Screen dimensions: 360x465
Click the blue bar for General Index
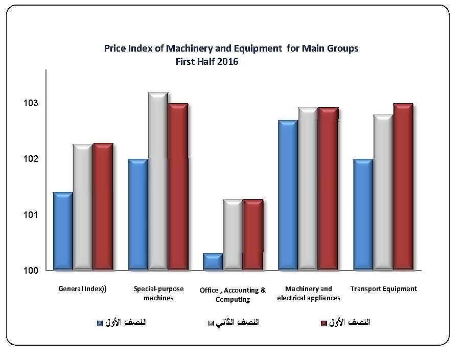pyautogui.click(x=62, y=231)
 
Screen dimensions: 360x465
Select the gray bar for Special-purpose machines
pyautogui.click(x=158, y=181)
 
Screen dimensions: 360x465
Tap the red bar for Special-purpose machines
pyautogui.click(x=178, y=186)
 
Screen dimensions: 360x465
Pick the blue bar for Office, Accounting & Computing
pyautogui.click(x=213, y=261)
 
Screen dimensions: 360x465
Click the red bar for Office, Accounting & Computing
pyautogui.click(x=252, y=234)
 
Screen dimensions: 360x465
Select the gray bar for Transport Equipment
pyautogui.click(x=383, y=192)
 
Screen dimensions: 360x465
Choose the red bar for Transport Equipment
pyautogui.click(x=403, y=186)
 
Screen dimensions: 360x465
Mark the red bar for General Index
pyautogui.click(x=103, y=206)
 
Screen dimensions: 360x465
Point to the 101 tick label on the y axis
pyautogui.click(x=31, y=215)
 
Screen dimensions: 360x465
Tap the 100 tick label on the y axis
pyautogui.click(x=31, y=271)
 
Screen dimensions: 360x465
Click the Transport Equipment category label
pyautogui.click(x=384, y=289)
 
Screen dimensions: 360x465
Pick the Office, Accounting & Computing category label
pyautogui.click(x=233, y=295)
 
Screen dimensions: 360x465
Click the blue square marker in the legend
pyautogui.click(x=100, y=323)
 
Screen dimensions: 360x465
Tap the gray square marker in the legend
pyautogui.click(x=211, y=323)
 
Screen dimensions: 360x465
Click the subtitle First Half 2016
pyautogui.click(x=207, y=62)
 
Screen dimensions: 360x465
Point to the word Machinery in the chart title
pyautogui.click(x=190, y=49)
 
